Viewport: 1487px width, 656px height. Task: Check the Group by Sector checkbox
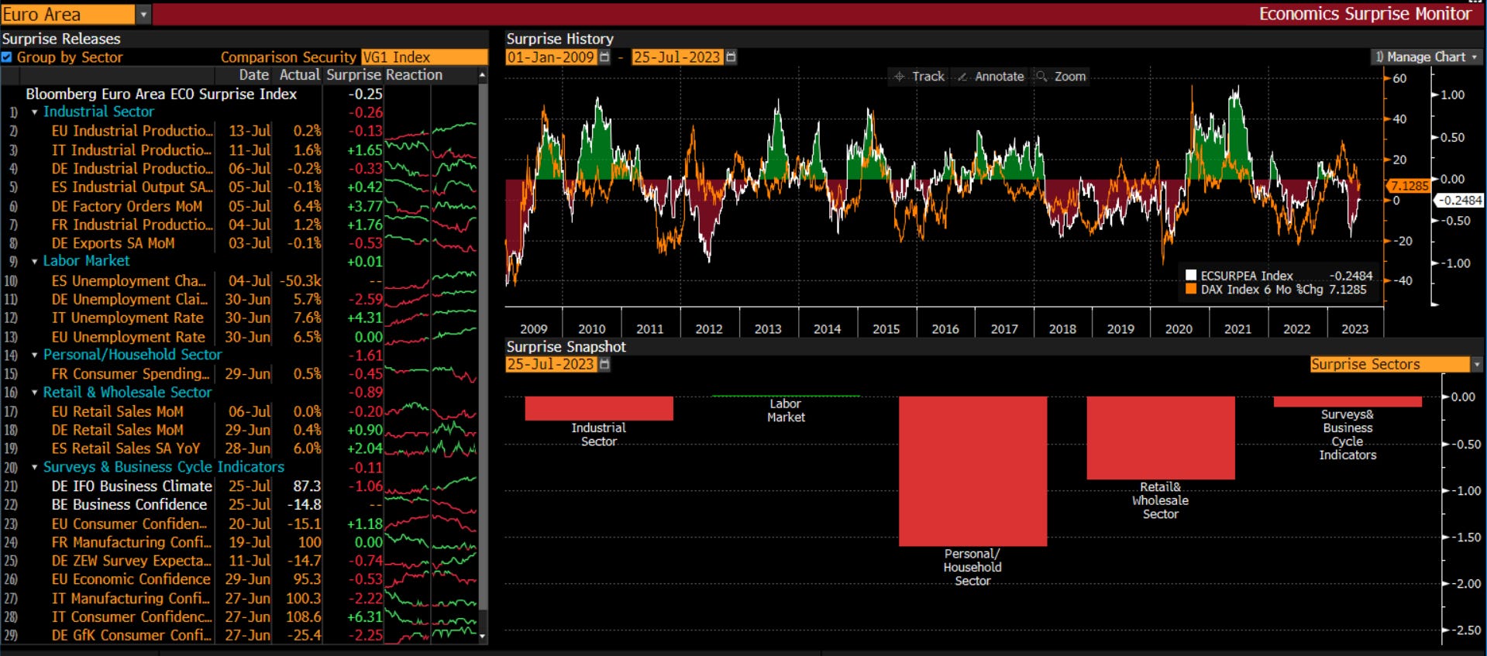pos(7,57)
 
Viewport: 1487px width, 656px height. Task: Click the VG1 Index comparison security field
pos(424,57)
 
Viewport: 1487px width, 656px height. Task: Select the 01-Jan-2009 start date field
pos(550,57)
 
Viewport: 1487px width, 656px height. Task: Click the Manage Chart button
pos(1426,57)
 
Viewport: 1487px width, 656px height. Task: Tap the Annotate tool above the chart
pos(991,77)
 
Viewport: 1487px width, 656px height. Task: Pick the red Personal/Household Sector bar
pos(972,471)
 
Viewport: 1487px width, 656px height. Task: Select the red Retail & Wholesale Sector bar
pos(1160,438)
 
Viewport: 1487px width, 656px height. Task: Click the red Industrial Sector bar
pos(598,408)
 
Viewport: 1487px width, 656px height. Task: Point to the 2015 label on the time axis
pos(886,329)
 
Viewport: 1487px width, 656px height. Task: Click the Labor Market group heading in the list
pos(86,262)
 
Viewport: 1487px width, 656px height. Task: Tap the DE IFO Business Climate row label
pos(132,486)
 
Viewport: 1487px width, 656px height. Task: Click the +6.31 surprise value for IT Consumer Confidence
pos(364,617)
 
